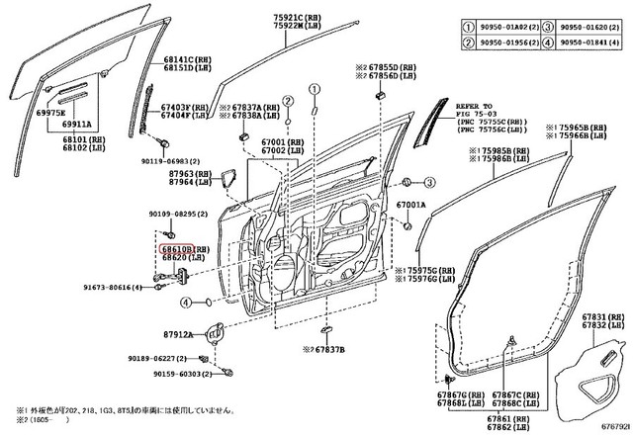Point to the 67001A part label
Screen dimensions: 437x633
(410, 205)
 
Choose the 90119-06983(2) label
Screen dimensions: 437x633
(169, 160)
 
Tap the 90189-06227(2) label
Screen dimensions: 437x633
(160, 360)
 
